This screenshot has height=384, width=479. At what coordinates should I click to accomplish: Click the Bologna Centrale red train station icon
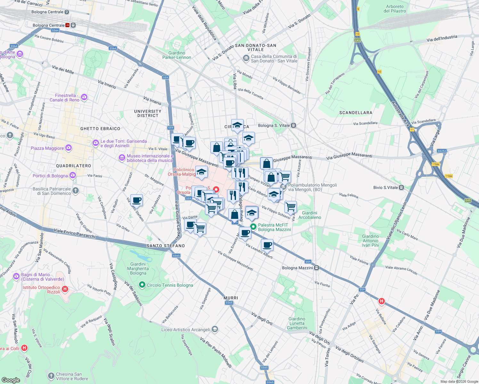(68, 25)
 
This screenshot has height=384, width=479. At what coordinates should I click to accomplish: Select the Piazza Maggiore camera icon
(68, 148)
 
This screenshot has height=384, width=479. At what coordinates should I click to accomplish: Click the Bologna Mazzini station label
(297, 268)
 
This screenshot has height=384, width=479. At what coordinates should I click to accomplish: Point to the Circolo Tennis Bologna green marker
(142, 284)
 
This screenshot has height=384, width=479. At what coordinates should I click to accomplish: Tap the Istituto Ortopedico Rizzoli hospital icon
(65, 289)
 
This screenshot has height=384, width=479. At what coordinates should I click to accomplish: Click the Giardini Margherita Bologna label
(138, 269)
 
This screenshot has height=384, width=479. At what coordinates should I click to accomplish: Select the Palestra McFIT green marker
(253, 227)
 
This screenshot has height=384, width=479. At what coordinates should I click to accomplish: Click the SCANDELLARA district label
(356, 113)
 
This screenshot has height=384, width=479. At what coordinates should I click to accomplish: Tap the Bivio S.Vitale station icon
(402, 188)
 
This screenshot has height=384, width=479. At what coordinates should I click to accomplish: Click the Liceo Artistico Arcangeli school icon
(215, 329)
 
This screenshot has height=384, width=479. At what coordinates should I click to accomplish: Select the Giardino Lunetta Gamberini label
(297, 323)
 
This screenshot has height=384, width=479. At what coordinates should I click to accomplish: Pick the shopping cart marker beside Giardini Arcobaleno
(290, 207)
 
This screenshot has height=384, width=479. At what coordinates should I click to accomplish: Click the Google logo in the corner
(11, 380)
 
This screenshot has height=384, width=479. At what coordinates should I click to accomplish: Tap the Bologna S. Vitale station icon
(293, 125)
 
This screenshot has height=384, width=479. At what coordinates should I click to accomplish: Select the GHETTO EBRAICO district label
(100, 129)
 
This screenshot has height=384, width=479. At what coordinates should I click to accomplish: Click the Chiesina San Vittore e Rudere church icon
(51, 376)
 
